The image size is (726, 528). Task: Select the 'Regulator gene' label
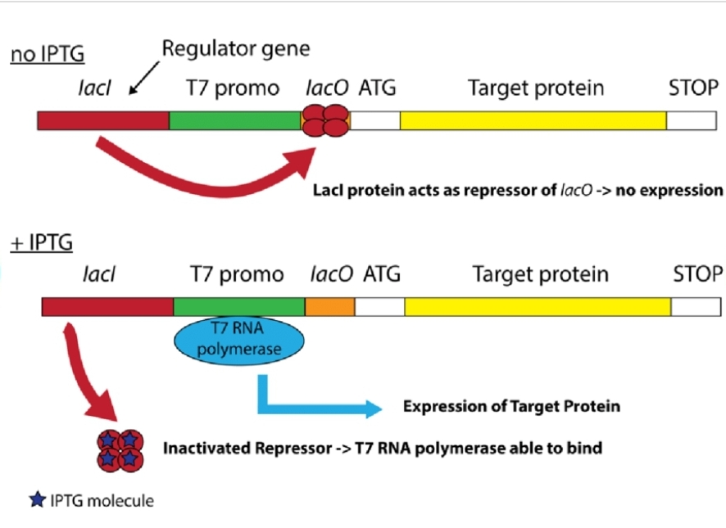tap(236, 49)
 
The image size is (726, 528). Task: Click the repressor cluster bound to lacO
tap(325, 120)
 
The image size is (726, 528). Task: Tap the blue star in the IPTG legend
tap(37, 499)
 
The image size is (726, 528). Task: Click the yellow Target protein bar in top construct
tap(533, 120)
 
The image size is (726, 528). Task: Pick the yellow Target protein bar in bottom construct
tap(538, 307)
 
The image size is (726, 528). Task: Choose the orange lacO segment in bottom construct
tap(329, 307)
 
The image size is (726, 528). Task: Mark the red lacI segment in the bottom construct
tap(107, 307)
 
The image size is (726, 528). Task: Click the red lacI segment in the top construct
tap(103, 120)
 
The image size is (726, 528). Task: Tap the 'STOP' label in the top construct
tap(692, 88)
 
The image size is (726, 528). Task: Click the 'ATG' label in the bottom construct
tap(382, 273)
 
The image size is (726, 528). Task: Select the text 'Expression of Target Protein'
tap(511, 406)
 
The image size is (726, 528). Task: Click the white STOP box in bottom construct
tap(697, 307)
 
